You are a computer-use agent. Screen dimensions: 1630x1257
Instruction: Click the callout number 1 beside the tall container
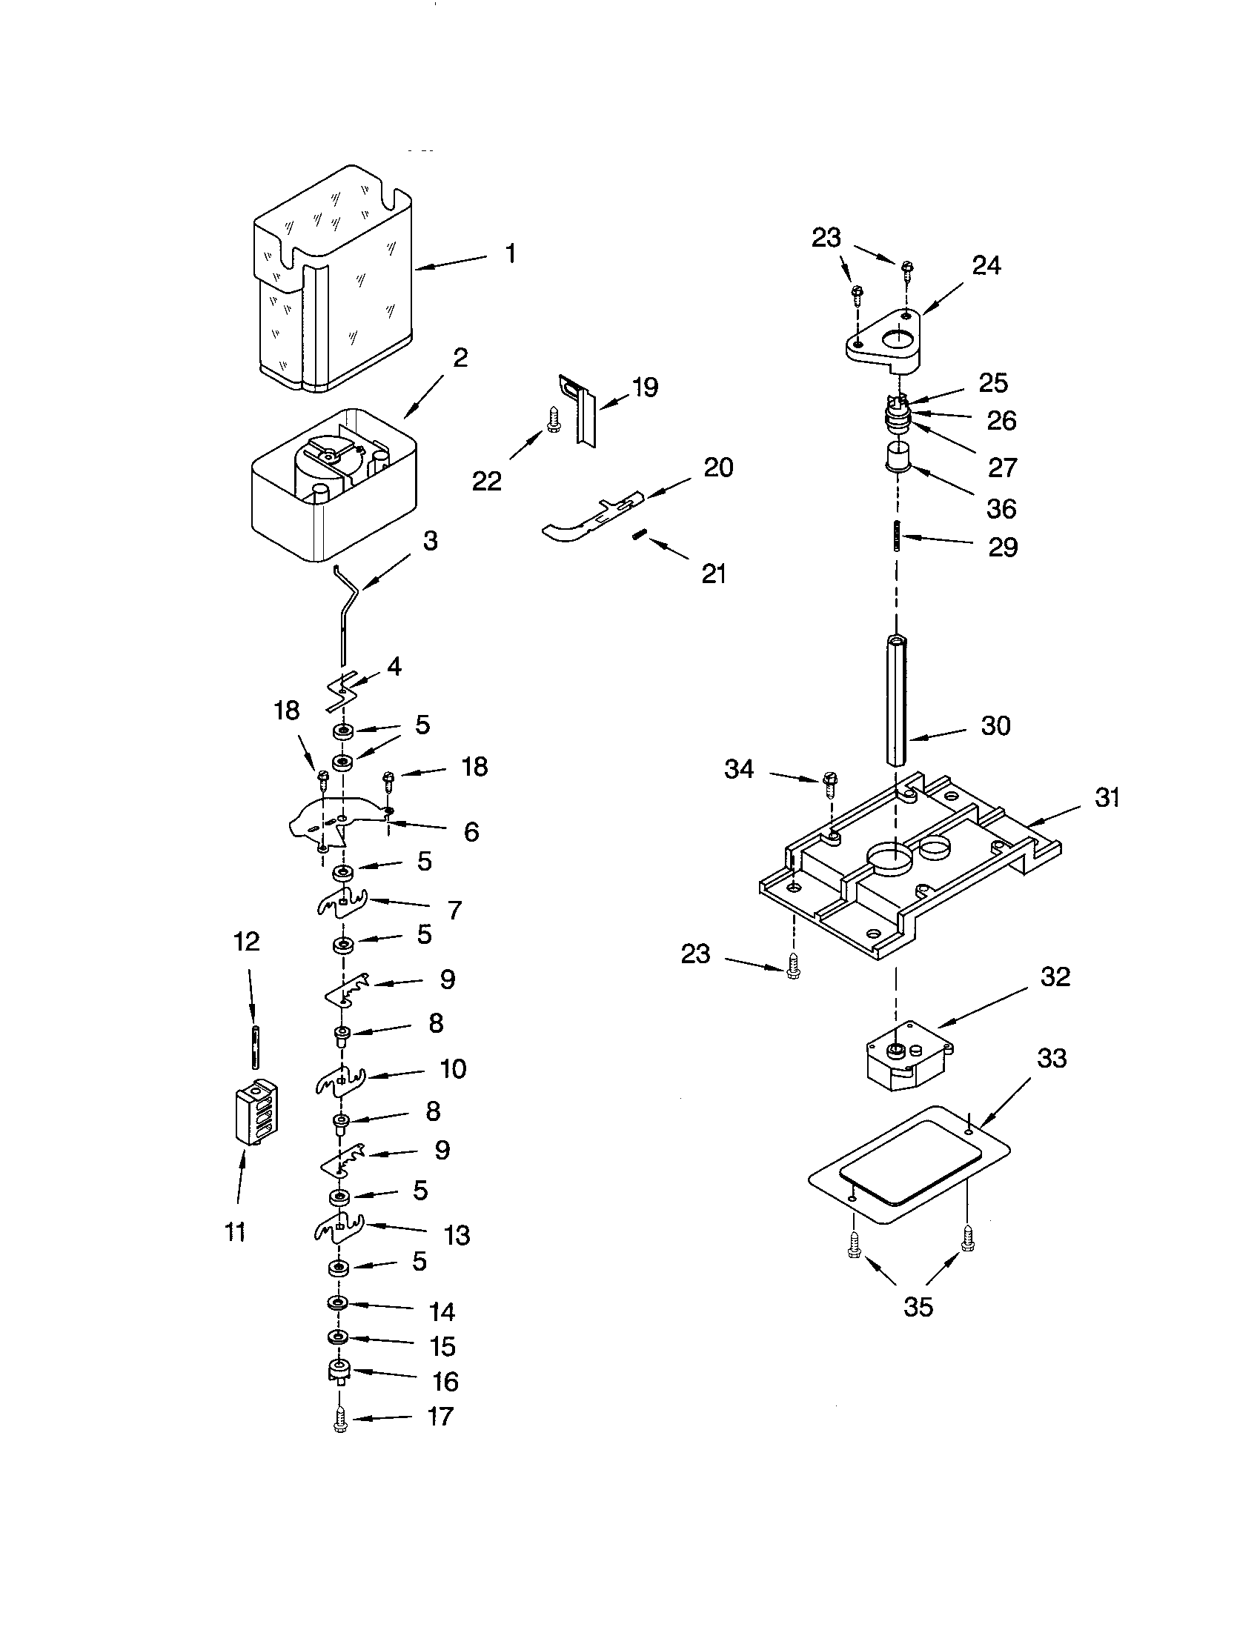(510, 254)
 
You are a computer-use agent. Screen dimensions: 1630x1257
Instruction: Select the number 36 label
(1001, 508)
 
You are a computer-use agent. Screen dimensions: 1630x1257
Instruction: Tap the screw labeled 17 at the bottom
(340, 1418)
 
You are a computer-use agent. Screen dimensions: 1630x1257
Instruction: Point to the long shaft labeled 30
(897, 699)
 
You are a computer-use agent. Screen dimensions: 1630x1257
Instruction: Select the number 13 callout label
(457, 1235)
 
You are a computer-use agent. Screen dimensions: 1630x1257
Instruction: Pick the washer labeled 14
(337, 1303)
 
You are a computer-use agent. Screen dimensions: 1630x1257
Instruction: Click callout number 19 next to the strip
(645, 387)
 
